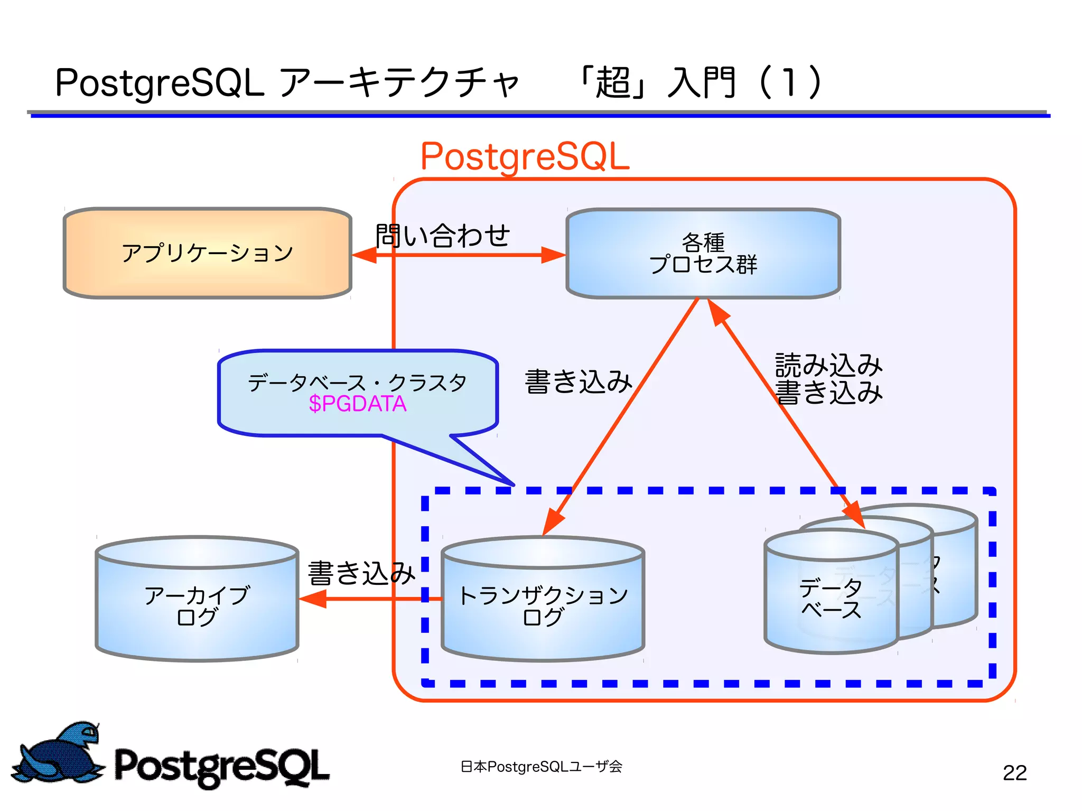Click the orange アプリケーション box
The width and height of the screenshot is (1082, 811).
207,253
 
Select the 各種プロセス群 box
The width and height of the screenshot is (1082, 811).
703,254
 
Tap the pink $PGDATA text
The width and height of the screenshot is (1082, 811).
358,404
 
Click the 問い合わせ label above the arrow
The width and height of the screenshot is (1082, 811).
443,236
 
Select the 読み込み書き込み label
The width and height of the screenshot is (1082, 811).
828,379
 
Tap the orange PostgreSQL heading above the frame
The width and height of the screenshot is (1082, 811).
525,156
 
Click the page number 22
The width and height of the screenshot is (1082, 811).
1014,773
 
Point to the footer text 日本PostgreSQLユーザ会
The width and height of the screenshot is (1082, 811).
541,767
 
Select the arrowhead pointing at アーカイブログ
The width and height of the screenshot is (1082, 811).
313,599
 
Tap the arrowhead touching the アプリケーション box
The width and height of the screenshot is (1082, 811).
365,255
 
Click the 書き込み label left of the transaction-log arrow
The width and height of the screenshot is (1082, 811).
578,381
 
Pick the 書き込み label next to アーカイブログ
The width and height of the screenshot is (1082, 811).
361,573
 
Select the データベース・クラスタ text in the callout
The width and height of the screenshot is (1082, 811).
357,383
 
